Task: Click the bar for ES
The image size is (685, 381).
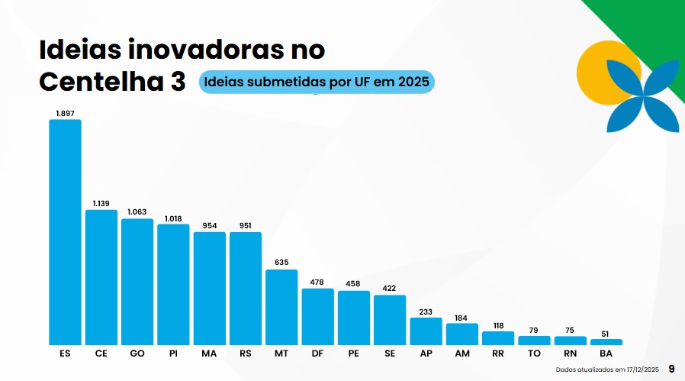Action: (65, 232)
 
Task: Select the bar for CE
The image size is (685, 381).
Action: (101, 277)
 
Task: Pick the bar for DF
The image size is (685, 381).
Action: (317, 316)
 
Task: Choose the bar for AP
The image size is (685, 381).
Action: (426, 331)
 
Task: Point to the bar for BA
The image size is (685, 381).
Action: (606, 341)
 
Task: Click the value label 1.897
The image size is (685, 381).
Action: (65, 113)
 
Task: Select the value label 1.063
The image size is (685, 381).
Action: (137, 212)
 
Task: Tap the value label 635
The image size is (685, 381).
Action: (281, 263)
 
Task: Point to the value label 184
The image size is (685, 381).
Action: (461, 317)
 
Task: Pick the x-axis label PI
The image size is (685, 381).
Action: (173, 354)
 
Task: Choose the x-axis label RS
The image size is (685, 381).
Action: (246, 354)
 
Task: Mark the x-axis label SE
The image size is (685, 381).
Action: (390, 354)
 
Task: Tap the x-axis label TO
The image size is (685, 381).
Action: (534, 354)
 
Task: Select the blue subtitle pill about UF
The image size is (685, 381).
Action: (317, 82)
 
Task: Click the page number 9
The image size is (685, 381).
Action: (671, 369)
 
